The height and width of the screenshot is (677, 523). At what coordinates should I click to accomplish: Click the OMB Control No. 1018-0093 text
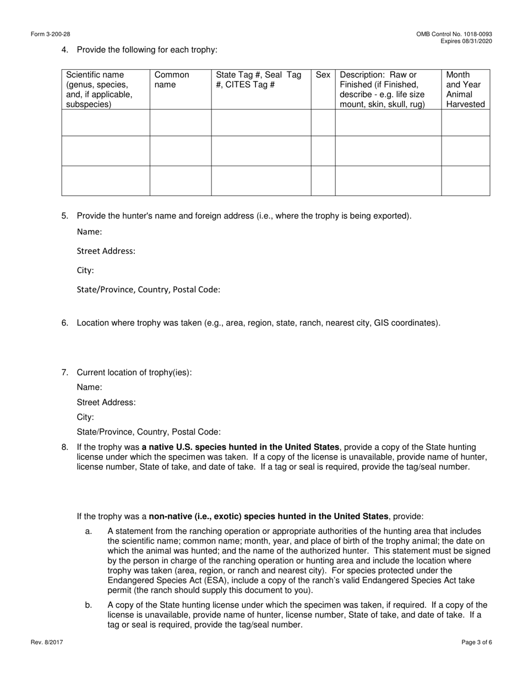click(454, 34)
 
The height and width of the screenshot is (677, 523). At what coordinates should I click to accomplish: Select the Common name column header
click(172, 80)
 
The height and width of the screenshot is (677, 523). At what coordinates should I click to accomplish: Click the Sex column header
click(323, 75)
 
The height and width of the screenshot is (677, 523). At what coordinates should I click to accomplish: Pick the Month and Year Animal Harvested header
click(465, 90)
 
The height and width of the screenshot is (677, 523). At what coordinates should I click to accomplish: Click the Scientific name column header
click(99, 90)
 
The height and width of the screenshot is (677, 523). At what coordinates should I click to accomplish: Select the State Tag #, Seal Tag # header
click(258, 80)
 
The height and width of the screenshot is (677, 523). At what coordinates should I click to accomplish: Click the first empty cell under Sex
click(323, 123)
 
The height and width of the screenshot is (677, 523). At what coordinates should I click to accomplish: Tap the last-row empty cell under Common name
click(181, 181)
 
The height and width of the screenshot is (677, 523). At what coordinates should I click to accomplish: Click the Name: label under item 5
click(89, 232)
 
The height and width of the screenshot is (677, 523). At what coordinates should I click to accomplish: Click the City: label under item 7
click(85, 417)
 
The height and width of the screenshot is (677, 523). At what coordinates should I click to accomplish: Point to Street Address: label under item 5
click(106, 251)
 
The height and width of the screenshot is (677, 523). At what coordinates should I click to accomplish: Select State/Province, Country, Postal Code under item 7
click(149, 432)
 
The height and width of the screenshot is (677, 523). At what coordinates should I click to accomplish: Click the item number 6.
click(64, 323)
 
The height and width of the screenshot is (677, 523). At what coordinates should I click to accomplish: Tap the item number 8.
click(64, 447)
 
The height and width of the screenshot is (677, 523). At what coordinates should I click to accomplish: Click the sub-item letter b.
click(89, 605)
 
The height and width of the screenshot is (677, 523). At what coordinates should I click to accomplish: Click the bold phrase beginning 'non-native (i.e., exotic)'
click(269, 516)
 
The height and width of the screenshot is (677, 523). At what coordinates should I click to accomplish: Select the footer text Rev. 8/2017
click(47, 642)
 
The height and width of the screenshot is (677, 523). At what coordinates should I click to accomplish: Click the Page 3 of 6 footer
click(477, 642)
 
